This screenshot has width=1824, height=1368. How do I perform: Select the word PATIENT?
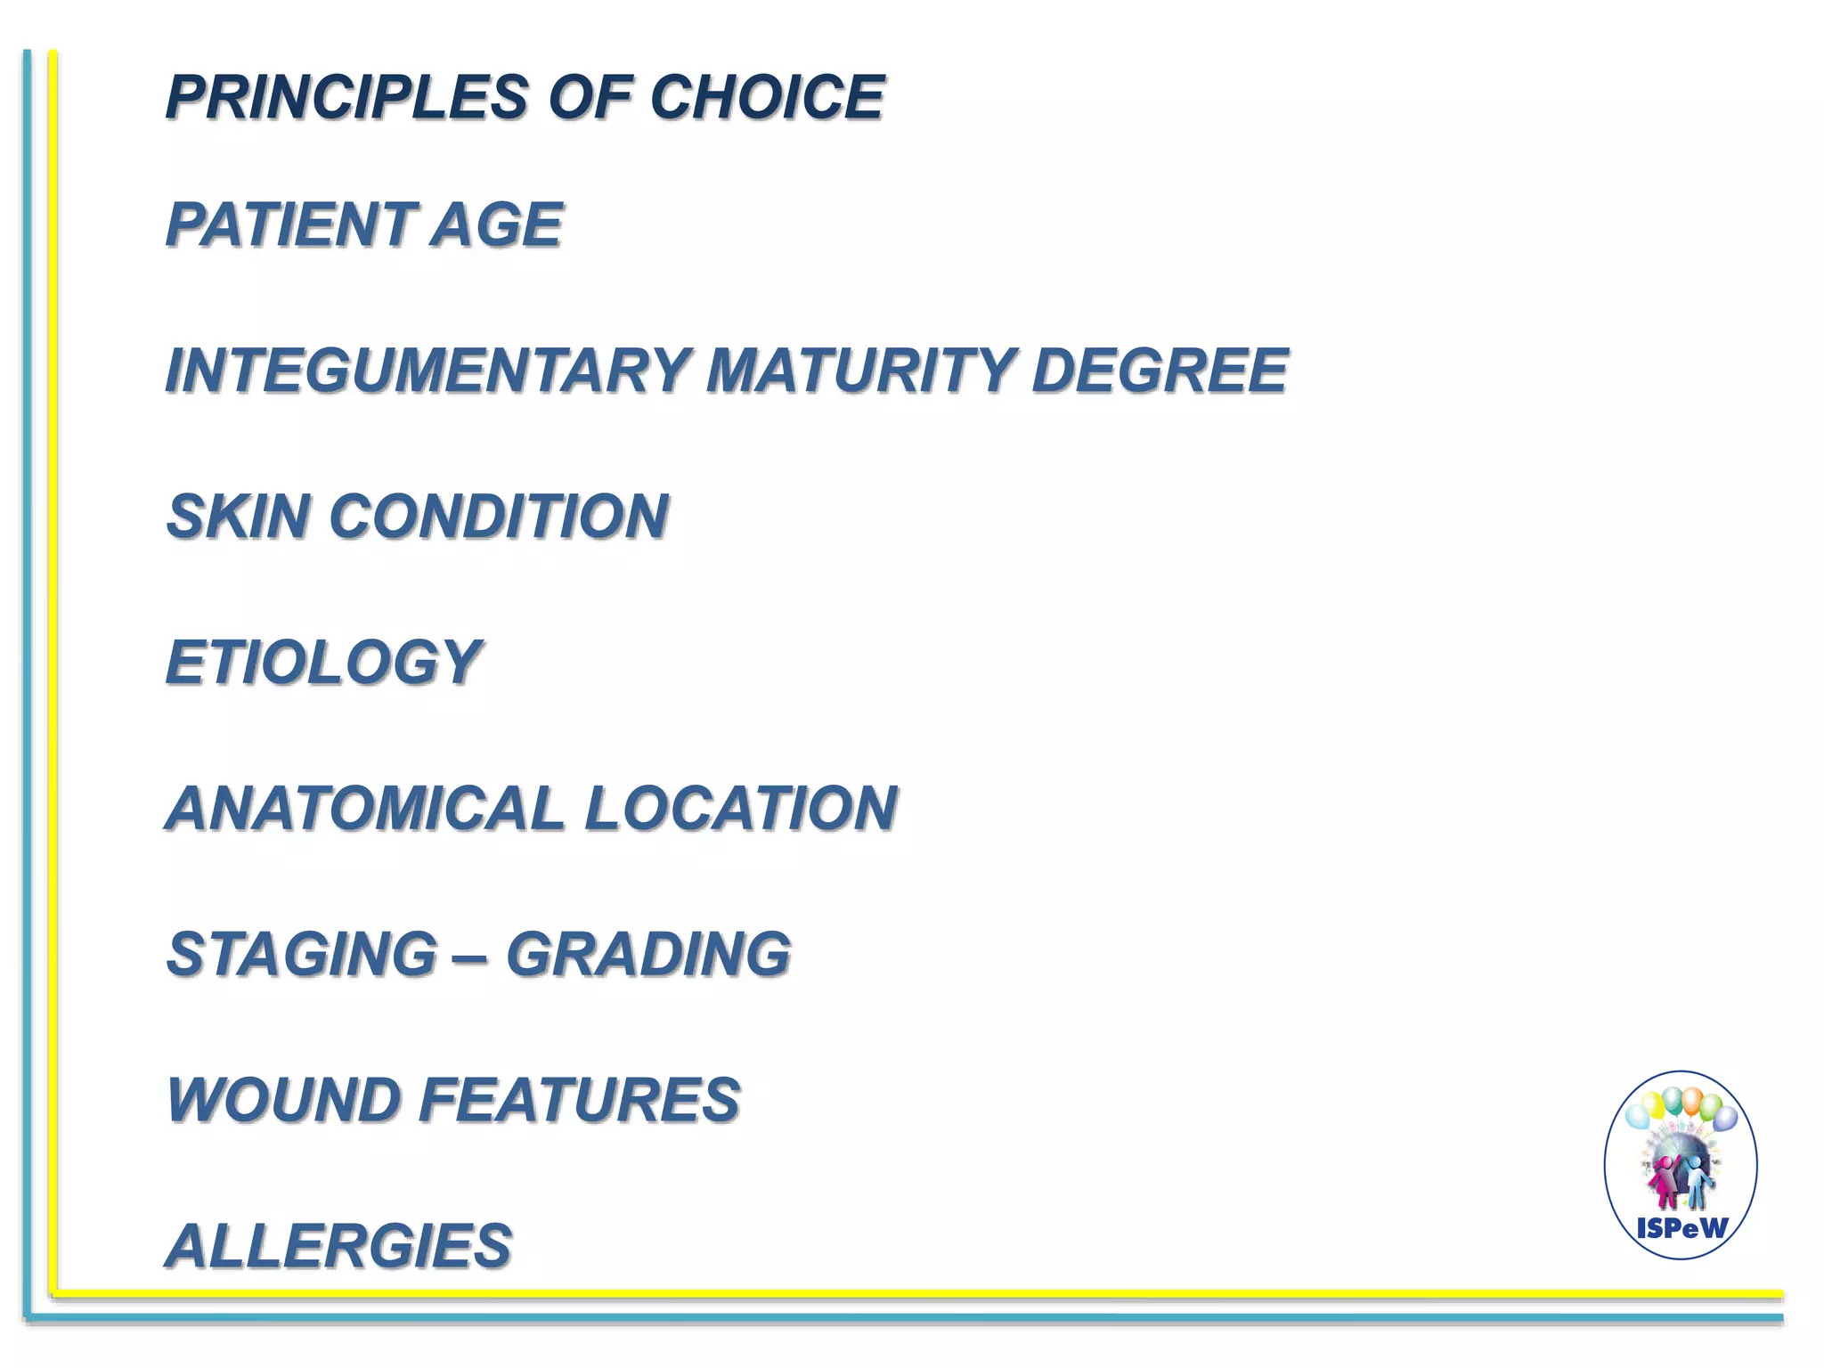point(291,224)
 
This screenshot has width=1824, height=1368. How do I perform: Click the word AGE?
point(496,224)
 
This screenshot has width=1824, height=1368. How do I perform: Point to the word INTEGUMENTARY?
point(427,370)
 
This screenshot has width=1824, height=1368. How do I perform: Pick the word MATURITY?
point(860,370)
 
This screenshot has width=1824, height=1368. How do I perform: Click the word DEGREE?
point(1159,370)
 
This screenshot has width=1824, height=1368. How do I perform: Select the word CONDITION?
point(499,517)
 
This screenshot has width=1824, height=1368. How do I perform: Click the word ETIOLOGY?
point(323,663)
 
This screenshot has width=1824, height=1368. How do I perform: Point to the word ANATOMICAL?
point(365,809)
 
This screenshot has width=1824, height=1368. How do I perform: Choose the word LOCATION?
point(740,809)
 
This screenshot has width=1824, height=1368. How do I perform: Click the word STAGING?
point(302,954)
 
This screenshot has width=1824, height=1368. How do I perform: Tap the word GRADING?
point(648,954)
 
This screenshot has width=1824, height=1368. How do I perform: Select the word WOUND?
point(282,1100)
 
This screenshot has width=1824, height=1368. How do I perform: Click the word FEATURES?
point(579,1100)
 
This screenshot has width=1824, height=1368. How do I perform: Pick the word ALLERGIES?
point(339,1245)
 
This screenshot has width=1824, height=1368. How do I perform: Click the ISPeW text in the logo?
point(1681,1229)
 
